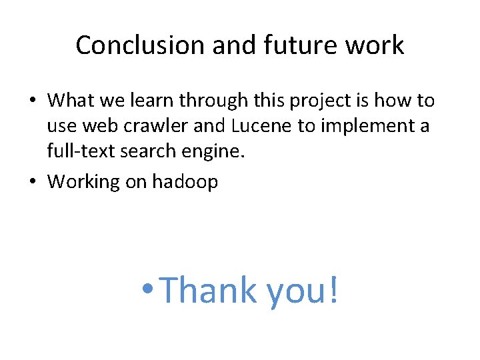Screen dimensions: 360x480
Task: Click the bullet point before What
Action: click(33, 101)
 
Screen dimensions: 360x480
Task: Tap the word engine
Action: click(216, 152)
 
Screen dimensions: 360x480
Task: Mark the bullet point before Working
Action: click(33, 182)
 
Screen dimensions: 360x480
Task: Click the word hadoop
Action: click(185, 182)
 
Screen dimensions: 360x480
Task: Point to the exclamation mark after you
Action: click(331, 291)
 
